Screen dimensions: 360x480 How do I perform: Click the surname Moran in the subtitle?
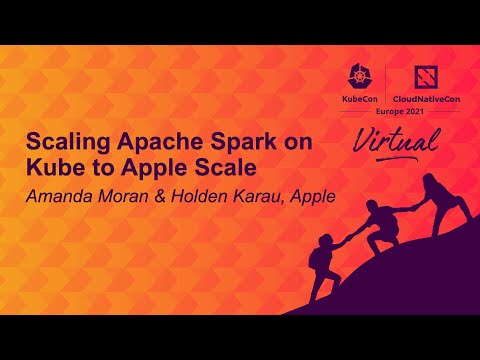[x=135, y=194]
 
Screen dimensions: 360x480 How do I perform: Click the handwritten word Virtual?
[x=395, y=141]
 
